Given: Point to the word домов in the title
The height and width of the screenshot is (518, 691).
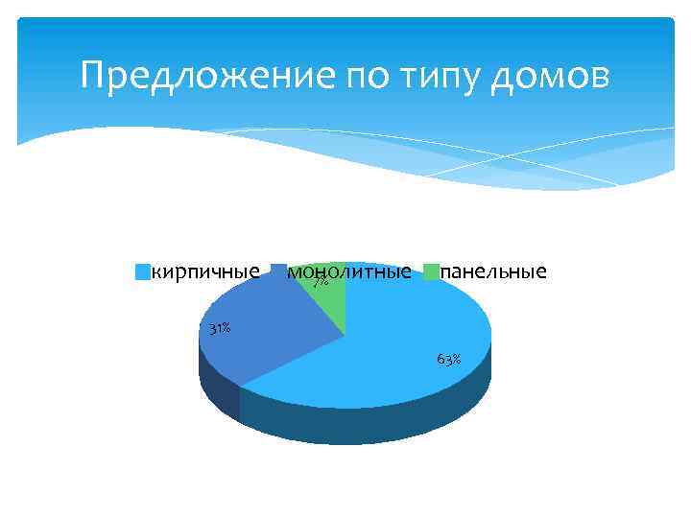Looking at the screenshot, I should pos(549,75).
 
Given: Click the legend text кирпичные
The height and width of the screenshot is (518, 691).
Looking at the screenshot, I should pos(205,271).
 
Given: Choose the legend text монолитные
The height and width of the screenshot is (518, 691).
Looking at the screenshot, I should pos(350,271).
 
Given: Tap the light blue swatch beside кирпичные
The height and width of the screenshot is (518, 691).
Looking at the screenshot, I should pos(142,272).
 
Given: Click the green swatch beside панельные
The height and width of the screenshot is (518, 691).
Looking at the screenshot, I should pos(431,272).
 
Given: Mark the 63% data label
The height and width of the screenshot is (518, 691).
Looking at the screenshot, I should pos(448,360).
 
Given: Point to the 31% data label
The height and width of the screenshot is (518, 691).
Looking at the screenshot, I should pos(220,329).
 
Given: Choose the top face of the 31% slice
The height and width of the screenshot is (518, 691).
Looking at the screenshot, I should pos(269,331).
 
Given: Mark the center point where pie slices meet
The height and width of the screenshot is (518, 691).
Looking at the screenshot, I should pos(345,335).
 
